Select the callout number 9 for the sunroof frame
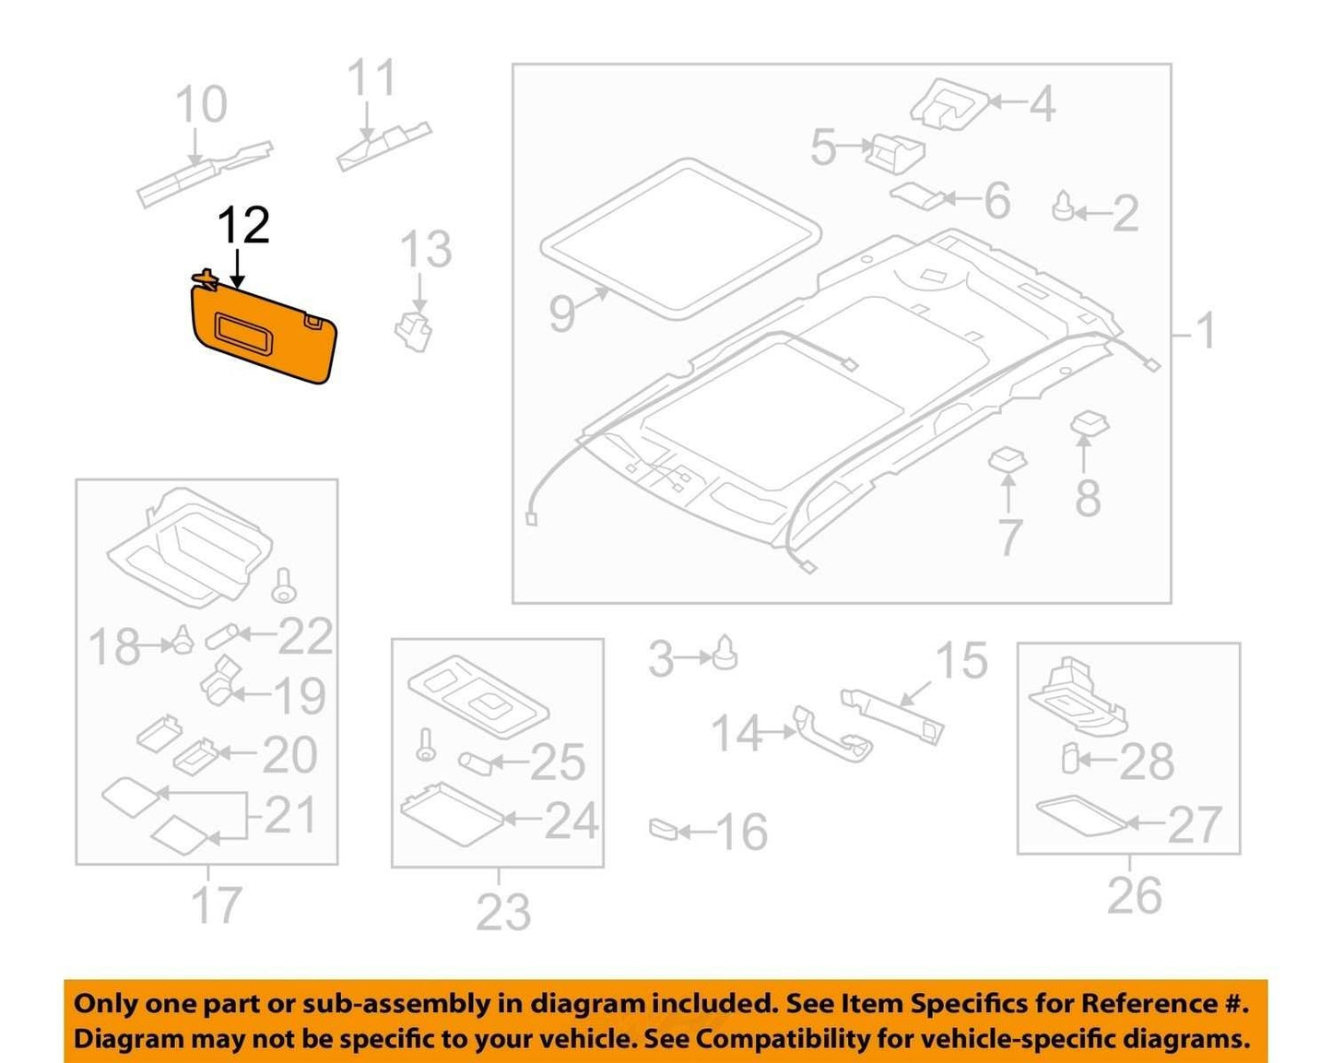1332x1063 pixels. click(562, 315)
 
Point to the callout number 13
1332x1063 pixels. click(426, 249)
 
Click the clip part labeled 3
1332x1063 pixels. click(725, 653)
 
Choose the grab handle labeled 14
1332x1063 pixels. click(832, 735)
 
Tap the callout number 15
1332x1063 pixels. click(961, 660)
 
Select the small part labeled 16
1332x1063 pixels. click(662, 829)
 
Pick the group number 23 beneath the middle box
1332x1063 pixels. click(504, 911)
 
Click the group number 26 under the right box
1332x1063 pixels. click(1134, 895)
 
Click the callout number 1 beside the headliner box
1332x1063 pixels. click(1205, 331)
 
